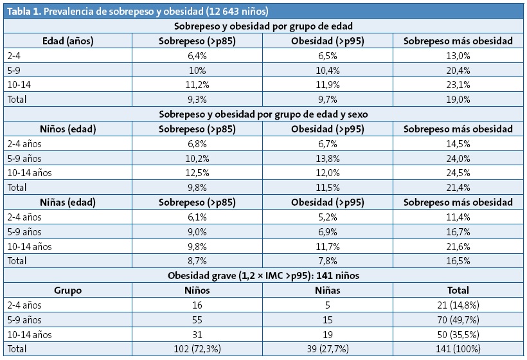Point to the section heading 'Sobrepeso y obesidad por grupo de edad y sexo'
[x=263, y=114]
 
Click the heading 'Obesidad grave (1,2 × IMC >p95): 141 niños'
[x=263, y=275]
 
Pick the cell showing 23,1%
[x=458, y=84]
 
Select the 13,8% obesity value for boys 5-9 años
[x=328, y=157]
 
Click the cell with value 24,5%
[x=458, y=172]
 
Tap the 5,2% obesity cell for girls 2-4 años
[x=328, y=217]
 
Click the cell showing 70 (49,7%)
[x=458, y=319]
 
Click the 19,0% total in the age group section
[x=458, y=99]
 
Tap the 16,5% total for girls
[x=458, y=260]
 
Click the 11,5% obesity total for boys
[x=328, y=187]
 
